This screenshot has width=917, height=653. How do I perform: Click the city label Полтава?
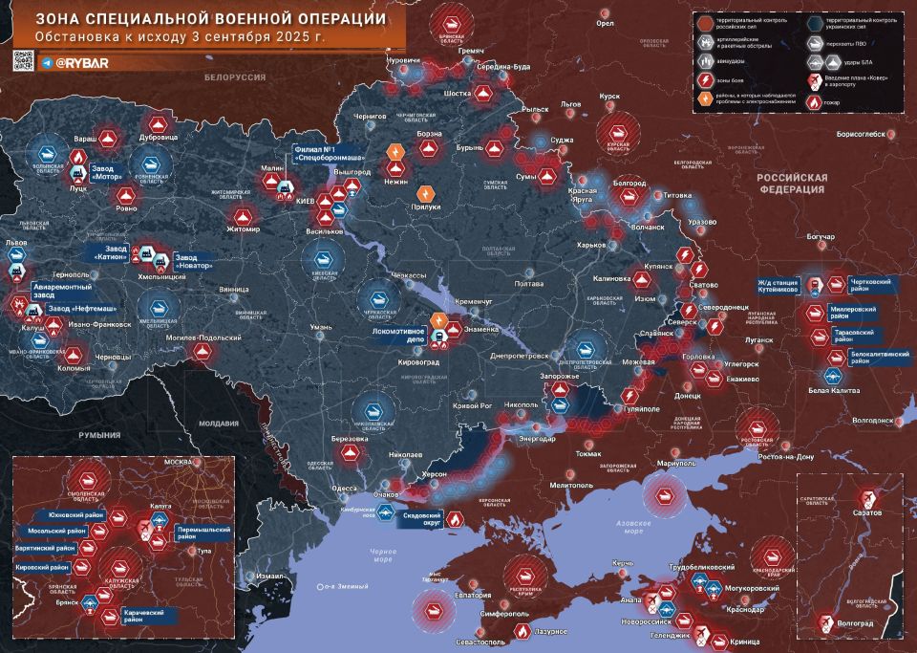pyautogui.click(x=528, y=284)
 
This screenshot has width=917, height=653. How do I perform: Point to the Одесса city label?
pyautogui.click(x=344, y=489)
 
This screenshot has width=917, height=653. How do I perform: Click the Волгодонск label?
pyautogui.click(x=872, y=420)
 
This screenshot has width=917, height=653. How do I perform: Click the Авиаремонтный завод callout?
pyautogui.click(x=62, y=292)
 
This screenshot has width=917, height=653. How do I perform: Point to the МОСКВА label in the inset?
pyautogui.click(x=180, y=463)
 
